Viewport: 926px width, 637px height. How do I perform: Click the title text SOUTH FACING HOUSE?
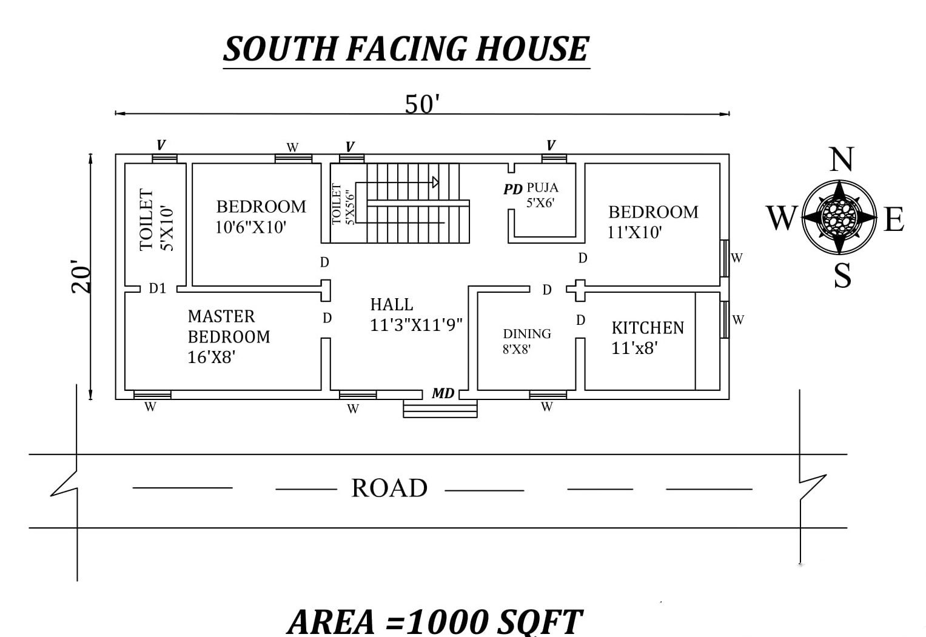(x=406, y=49)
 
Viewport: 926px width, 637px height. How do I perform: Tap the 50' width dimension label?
(x=421, y=104)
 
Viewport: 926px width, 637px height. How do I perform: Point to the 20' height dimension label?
(x=82, y=278)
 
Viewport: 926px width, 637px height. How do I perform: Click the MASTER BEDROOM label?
(x=229, y=336)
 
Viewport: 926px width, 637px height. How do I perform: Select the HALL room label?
(x=392, y=304)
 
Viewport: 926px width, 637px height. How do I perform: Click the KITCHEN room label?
(x=647, y=328)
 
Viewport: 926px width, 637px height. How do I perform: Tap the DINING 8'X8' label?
(x=526, y=341)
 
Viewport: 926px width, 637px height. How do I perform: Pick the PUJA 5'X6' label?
(x=542, y=195)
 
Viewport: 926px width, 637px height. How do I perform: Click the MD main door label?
(x=443, y=393)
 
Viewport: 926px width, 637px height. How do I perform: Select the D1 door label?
(x=157, y=288)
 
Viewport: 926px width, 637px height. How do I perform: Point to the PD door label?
(x=512, y=189)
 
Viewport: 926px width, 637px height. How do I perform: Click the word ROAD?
(x=389, y=488)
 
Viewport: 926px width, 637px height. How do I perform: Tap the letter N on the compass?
(x=840, y=160)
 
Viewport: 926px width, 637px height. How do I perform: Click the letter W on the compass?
(x=780, y=218)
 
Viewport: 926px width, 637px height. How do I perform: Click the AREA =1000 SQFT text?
(x=434, y=621)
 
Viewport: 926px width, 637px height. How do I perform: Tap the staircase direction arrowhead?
(x=435, y=182)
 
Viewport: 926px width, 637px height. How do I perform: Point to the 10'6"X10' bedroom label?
(x=250, y=228)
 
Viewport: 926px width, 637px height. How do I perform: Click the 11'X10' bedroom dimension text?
(x=634, y=232)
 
